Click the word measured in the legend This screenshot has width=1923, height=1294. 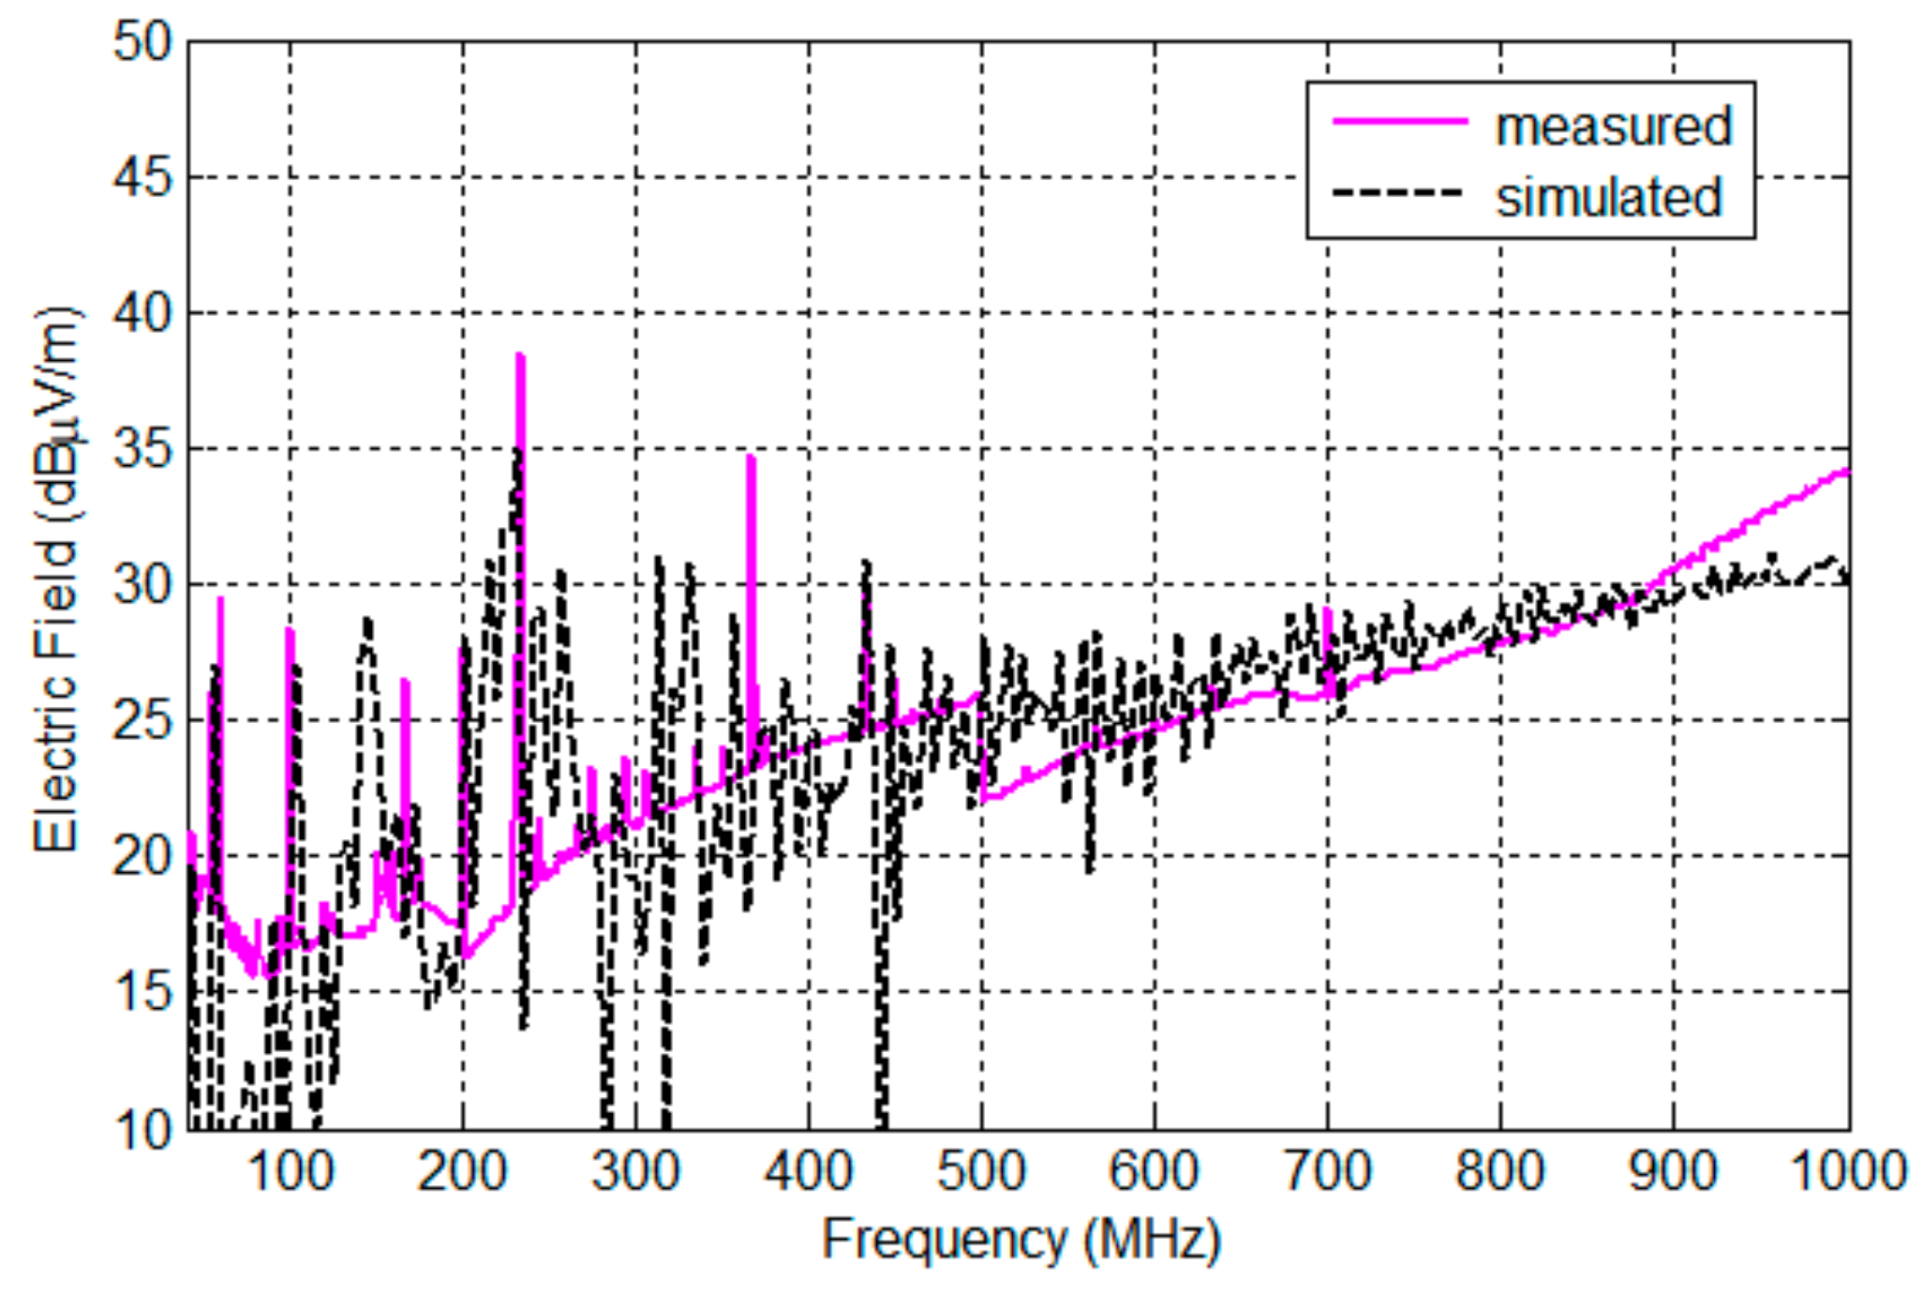click(x=1613, y=127)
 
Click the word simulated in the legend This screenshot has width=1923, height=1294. click(x=1608, y=198)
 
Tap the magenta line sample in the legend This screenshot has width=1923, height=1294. click(x=1399, y=120)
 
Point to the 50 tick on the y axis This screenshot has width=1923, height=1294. click(x=142, y=42)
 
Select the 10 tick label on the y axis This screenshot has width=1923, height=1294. click(x=142, y=1129)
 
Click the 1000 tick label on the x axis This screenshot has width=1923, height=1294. click(x=1847, y=1172)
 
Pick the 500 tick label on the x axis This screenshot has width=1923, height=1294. click(x=981, y=1172)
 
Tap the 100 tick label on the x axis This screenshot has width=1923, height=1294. click(x=290, y=1172)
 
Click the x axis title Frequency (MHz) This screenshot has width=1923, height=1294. click(x=1021, y=1240)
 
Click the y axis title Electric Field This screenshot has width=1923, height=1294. click(x=56, y=581)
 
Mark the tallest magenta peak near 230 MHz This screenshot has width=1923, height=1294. click(x=520, y=355)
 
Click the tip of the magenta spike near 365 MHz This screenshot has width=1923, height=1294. click(x=751, y=457)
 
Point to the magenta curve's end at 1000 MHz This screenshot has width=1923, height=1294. click(x=1847, y=471)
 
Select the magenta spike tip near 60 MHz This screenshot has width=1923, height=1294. click(x=220, y=598)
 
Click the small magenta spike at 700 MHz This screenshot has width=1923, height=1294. click(x=1327, y=610)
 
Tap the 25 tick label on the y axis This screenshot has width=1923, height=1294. click(x=142, y=721)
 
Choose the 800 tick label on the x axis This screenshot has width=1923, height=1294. click(x=1499, y=1172)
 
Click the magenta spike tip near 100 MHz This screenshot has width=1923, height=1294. click(x=290, y=630)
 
